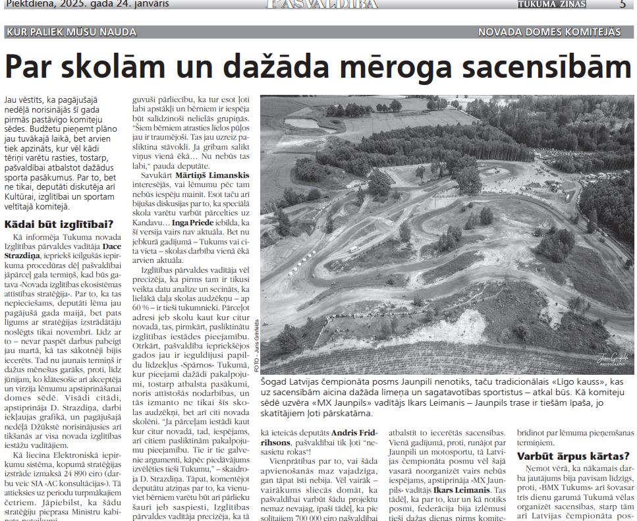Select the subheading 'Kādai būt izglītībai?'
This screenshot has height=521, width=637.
tap(59, 224)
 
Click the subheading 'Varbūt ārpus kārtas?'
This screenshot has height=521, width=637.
tap(572, 456)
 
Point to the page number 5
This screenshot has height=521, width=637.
tap(623, 4)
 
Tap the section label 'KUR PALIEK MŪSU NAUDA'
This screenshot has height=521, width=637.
tap(71, 32)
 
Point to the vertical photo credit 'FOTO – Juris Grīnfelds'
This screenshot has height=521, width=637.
tap(256, 345)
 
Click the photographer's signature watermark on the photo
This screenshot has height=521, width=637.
tap(612, 359)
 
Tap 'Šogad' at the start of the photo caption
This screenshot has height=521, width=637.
tap(276, 381)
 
